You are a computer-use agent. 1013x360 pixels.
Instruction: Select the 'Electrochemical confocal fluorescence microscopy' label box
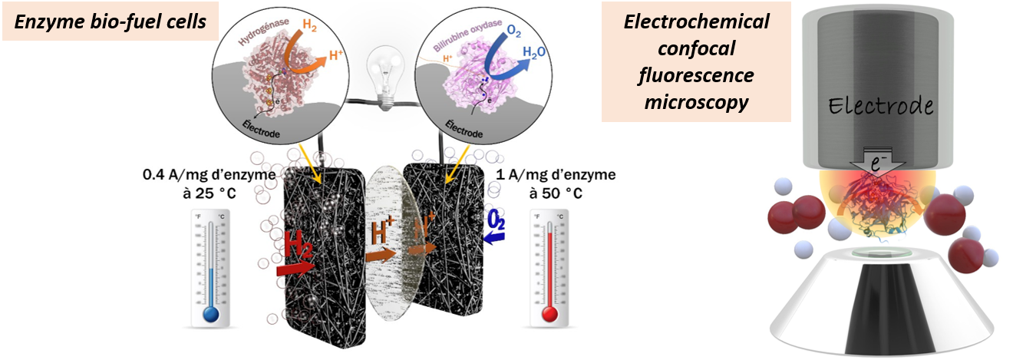tap(696, 61)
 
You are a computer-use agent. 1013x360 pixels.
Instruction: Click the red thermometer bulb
tap(549, 314)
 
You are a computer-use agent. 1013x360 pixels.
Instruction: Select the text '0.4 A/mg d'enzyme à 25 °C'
tap(199, 183)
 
